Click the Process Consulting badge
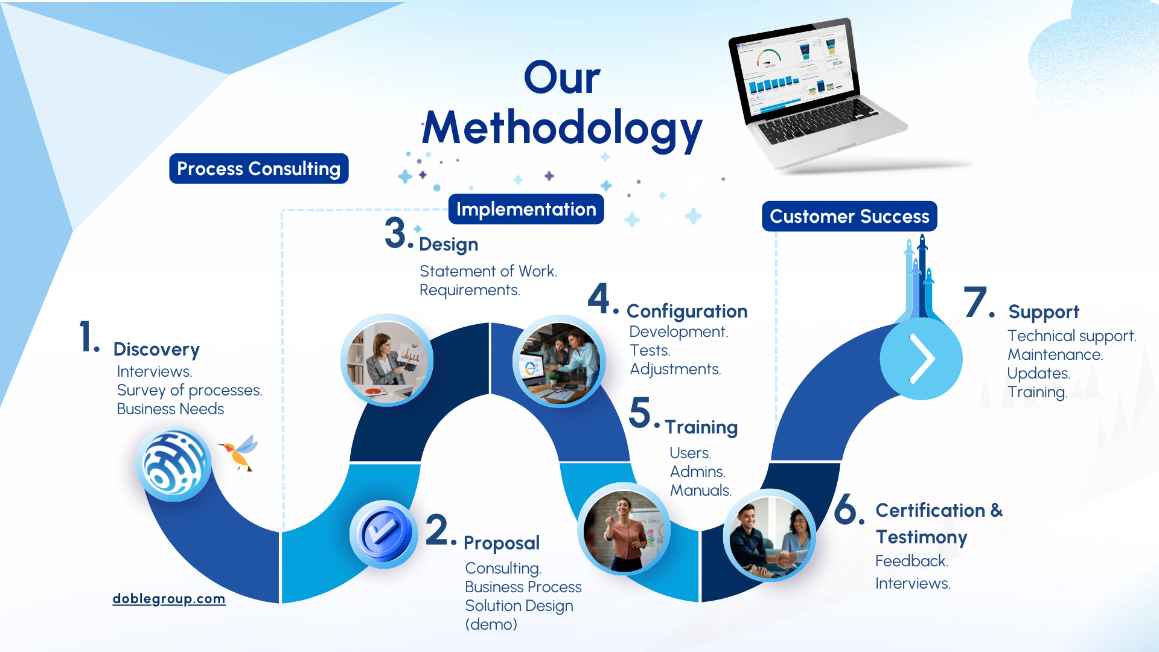pos(259,168)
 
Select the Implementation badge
pos(526,209)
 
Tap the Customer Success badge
pos(849,216)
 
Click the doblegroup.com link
pos(169,598)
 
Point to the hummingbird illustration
pos(238,452)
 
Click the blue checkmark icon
pos(384,534)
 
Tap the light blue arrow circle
pos(921,359)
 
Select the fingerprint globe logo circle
pos(174,464)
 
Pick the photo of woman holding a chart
pos(387,360)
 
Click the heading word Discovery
pos(156,350)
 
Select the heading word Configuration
pos(687,312)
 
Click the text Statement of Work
pos(488,271)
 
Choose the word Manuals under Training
pos(701,490)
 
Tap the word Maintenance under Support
pos(1055,354)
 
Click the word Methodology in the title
pos(562,129)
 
